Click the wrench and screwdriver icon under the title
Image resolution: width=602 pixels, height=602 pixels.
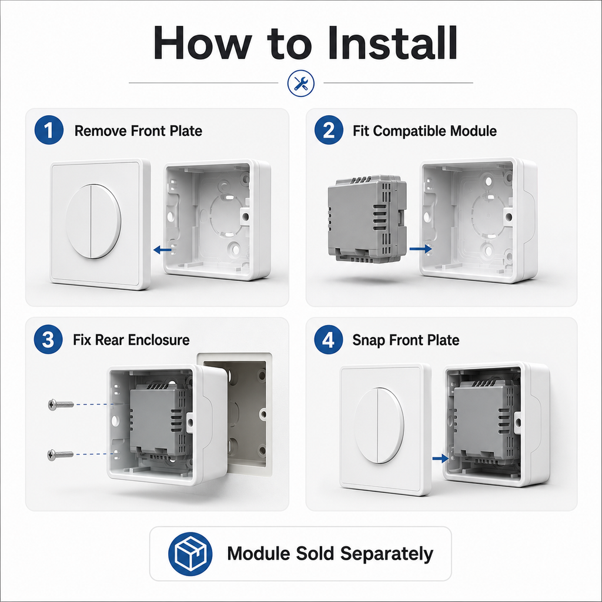tap(301, 83)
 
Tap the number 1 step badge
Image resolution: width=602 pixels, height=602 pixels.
tap(49, 130)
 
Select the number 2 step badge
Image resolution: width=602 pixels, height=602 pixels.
tap(329, 130)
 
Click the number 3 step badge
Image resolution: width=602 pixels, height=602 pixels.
tap(48, 339)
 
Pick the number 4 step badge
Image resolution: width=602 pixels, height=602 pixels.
tap(328, 339)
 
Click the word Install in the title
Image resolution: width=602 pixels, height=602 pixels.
tap(392, 42)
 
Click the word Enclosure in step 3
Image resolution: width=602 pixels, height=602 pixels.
tap(159, 340)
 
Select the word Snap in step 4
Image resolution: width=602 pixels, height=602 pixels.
tap(369, 340)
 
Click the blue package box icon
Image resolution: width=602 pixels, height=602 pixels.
tap(190, 554)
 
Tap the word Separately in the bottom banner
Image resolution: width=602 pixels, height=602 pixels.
tap(387, 554)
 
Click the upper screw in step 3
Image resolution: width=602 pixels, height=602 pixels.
tap(61, 404)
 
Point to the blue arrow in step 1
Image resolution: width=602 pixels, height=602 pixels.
tap(162, 250)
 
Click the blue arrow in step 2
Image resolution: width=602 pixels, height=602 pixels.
tap(420, 249)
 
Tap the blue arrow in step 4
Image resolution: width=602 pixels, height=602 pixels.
tap(440, 459)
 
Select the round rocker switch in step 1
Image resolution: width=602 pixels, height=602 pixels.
tap(93, 221)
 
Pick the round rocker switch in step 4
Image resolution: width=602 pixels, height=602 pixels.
tap(379, 426)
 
